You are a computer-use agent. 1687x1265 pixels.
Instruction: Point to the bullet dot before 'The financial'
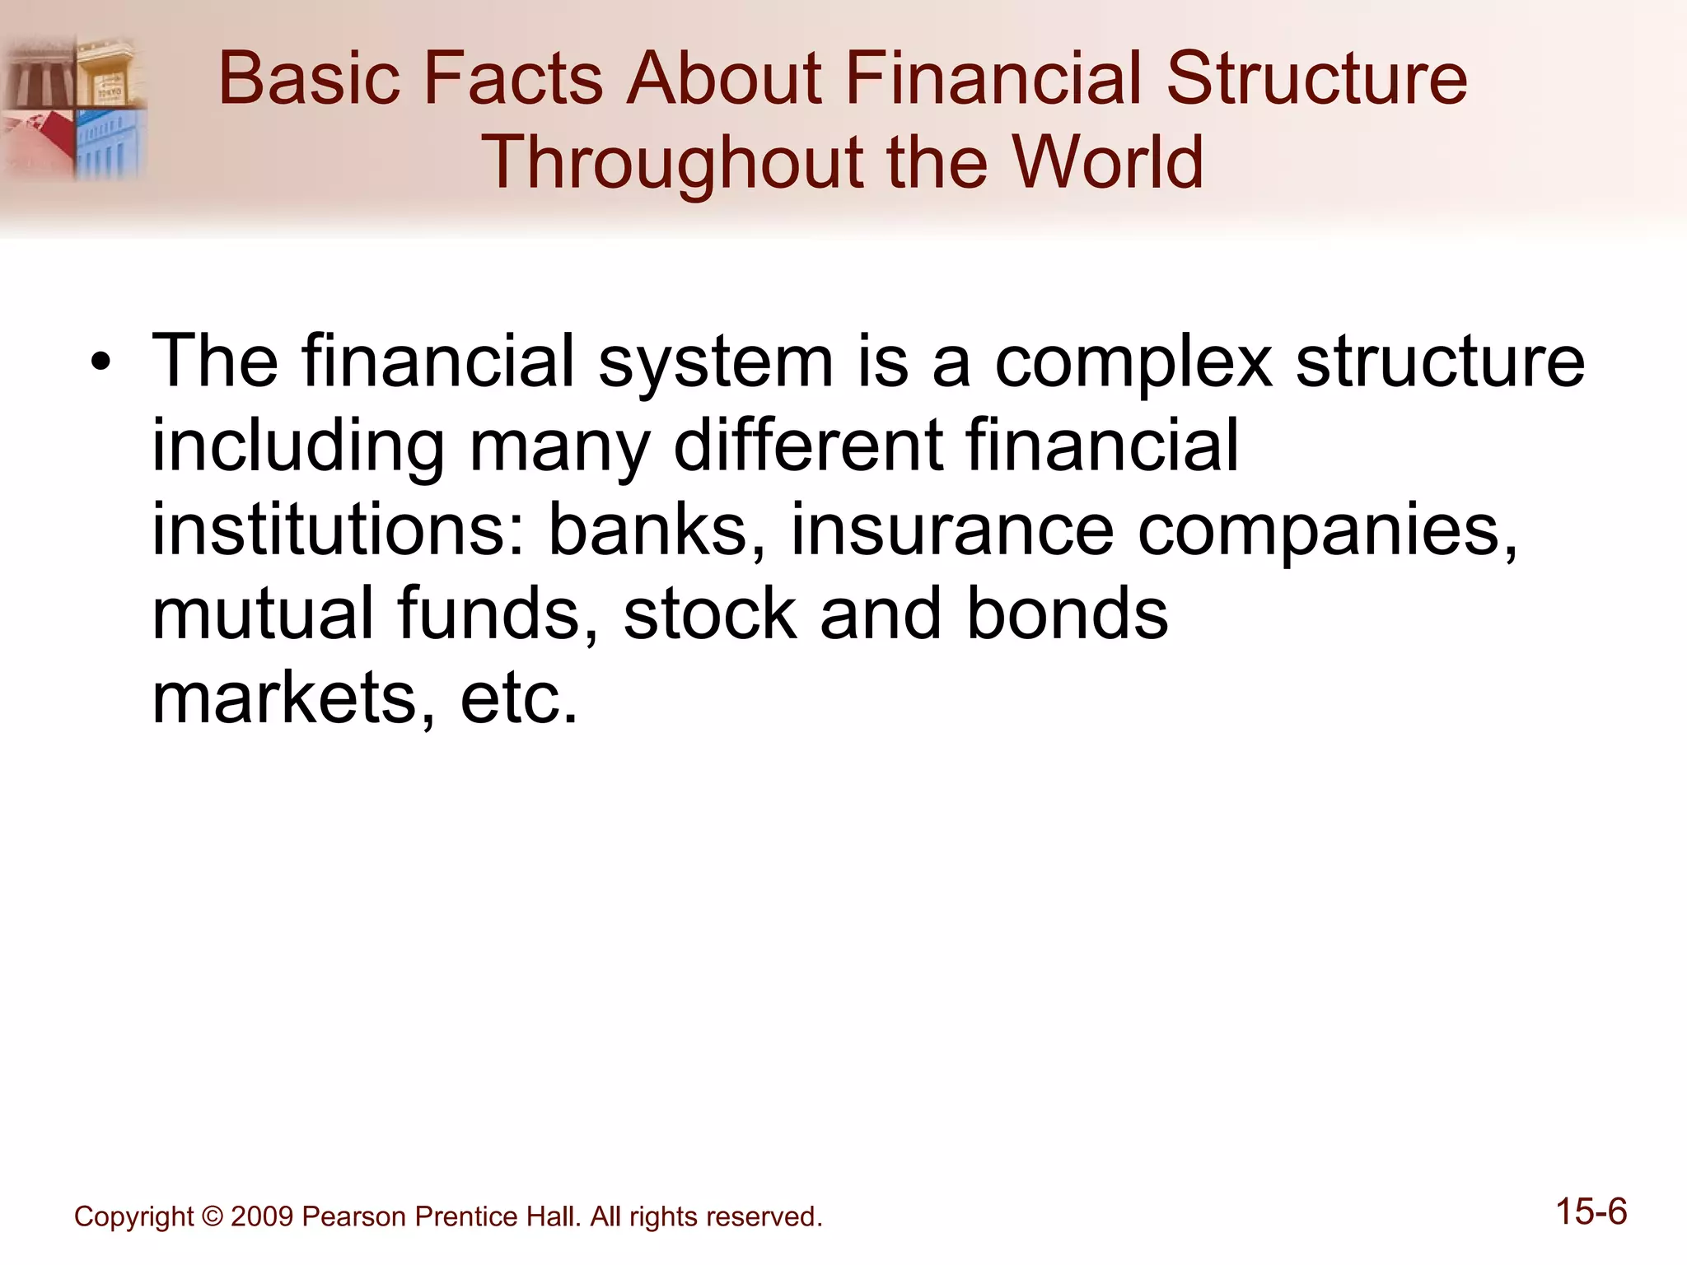tap(100, 364)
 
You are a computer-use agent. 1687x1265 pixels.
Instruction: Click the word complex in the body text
tap(1133, 362)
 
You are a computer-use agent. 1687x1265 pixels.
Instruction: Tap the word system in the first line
tap(715, 362)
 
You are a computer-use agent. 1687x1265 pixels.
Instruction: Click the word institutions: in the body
tap(338, 530)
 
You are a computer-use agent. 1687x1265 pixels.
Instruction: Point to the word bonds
tap(1067, 614)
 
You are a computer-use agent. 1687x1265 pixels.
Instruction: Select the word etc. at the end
tap(519, 698)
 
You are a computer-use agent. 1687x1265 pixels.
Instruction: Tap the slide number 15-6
tap(1591, 1212)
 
